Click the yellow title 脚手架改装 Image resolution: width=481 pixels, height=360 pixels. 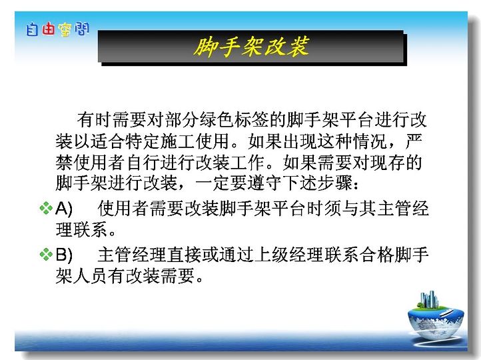click(252, 47)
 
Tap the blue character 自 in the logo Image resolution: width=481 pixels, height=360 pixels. click(32, 30)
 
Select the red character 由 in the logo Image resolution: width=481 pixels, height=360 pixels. click(49, 29)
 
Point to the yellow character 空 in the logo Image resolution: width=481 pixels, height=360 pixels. click(65, 30)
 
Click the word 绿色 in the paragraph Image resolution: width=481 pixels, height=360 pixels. click(217, 119)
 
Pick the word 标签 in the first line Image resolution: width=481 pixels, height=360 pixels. click(252, 119)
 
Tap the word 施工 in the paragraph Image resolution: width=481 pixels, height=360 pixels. click(177, 141)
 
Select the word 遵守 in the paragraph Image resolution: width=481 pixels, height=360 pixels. click(264, 183)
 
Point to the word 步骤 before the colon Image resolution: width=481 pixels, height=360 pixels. click(334, 183)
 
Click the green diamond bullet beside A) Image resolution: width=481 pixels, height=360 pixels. click(46, 208)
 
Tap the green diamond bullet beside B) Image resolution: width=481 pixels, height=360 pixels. click(46, 255)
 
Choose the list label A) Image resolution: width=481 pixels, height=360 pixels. click(64, 209)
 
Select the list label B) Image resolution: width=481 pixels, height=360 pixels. click(64, 255)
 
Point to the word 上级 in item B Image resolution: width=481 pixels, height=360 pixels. click(272, 255)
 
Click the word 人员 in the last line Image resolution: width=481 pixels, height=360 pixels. click(90, 275)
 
